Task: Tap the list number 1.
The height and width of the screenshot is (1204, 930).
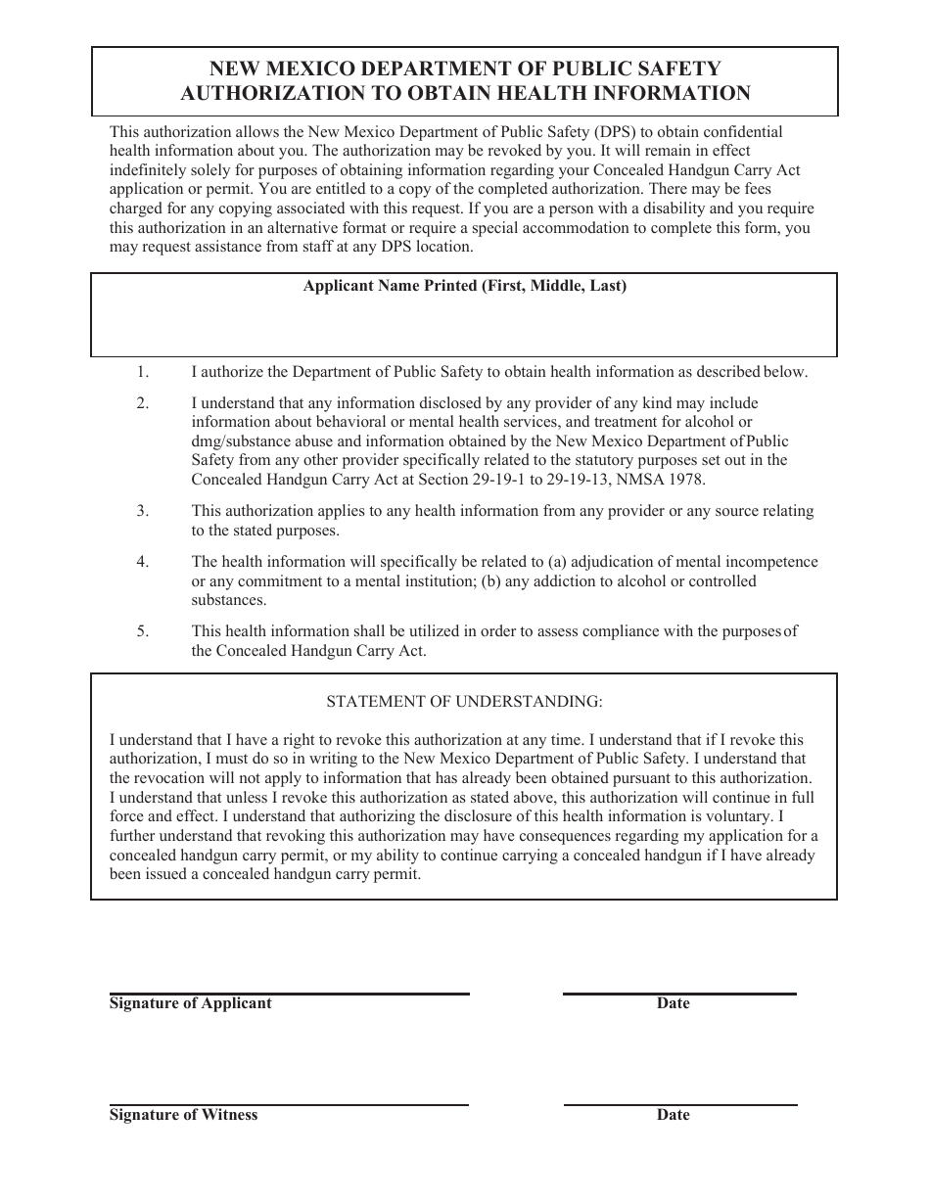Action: [143, 372]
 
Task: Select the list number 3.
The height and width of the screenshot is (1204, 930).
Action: [143, 511]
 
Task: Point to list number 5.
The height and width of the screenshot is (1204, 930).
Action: [143, 631]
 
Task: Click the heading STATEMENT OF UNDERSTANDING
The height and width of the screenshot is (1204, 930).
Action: [464, 702]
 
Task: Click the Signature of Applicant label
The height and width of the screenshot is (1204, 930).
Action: [191, 1003]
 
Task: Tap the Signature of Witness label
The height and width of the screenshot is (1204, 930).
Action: [184, 1115]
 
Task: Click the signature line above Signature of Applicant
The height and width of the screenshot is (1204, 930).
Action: [289, 994]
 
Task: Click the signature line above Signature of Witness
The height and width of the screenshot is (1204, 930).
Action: [289, 1105]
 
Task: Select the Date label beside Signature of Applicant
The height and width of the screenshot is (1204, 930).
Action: [674, 1003]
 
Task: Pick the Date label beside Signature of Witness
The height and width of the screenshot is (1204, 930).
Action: [674, 1115]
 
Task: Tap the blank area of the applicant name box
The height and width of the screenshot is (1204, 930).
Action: [464, 328]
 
